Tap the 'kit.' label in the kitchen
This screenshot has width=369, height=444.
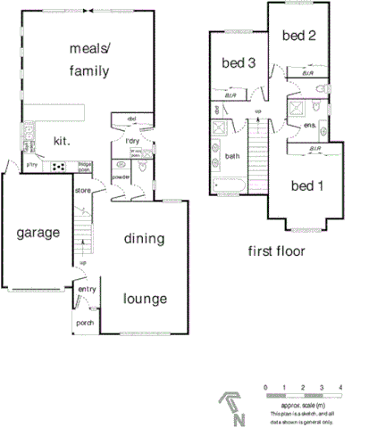[62, 141]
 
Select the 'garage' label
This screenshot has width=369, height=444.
[38, 233]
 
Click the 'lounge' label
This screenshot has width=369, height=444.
[145, 298]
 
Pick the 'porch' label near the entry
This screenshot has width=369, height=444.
[85, 323]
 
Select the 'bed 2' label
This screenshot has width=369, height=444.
[298, 36]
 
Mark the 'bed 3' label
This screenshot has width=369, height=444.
[239, 63]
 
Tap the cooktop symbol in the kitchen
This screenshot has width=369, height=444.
[60, 166]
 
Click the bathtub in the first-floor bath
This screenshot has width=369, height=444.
[231, 187]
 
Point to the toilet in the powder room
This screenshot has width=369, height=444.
[121, 165]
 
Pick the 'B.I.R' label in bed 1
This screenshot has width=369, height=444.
[314, 152]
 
